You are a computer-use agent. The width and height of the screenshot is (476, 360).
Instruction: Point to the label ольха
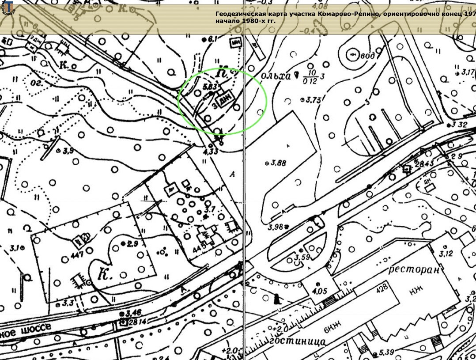coord(277,76)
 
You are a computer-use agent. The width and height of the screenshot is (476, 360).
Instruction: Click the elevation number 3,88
coord(279,163)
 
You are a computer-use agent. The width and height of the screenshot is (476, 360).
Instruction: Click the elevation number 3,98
coord(275,227)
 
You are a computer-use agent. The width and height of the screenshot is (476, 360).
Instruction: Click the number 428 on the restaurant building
coord(382,287)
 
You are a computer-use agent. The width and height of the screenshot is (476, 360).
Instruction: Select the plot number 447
coord(76,255)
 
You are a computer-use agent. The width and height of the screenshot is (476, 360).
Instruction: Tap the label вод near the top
coord(367,56)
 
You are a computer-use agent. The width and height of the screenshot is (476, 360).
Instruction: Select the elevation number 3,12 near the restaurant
coord(446,254)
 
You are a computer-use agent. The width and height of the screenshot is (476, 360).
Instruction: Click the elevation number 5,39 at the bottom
coord(386,352)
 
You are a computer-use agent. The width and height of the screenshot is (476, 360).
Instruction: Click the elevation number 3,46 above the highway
coord(133,313)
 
